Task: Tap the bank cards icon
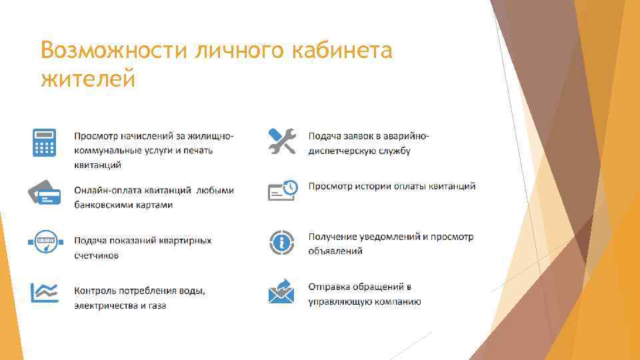[x=44, y=192]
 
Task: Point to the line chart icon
[x=44, y=291]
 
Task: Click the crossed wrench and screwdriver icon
[x=281, y=141]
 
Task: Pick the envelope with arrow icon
[x=281, y=291]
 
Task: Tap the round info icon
[x=281, y=242]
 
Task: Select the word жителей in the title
[x=88, y=79]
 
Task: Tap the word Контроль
[x=96, y=291]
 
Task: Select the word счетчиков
[x=97, y=255]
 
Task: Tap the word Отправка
[x=330, y=287]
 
